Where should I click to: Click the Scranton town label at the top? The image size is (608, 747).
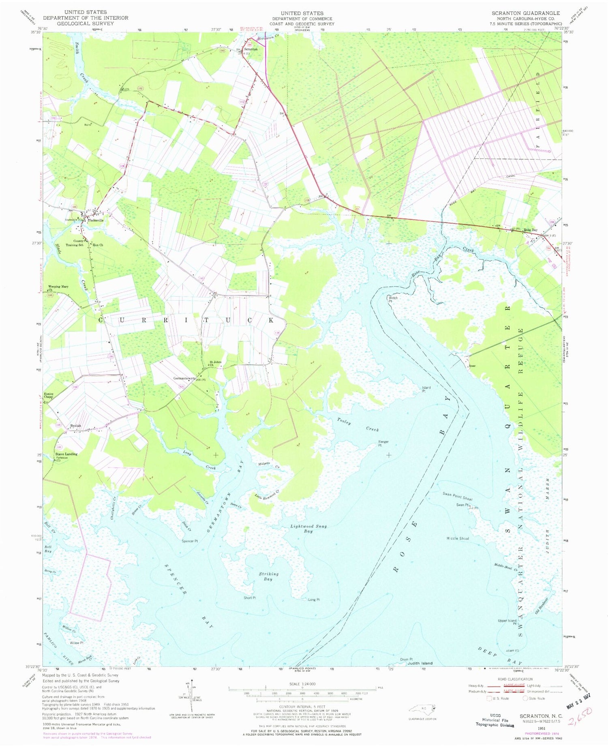(250, 49)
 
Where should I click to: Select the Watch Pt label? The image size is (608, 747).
(393, 300)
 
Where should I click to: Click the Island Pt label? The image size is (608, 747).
(426, 390)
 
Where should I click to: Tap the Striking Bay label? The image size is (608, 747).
(268, 576)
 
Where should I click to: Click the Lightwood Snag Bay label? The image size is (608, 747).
(308, 529)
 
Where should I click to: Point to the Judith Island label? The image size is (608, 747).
(420, 663)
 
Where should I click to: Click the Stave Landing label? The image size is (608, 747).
(66, 454)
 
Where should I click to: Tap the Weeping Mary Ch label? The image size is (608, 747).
(58, 288)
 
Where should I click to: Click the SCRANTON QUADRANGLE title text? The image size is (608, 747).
(526, 13)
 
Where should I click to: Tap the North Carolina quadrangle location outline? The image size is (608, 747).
(423, 709)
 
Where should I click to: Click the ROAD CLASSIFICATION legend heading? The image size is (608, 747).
(517, 679)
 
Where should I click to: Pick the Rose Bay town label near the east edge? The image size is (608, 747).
(531, 230)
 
